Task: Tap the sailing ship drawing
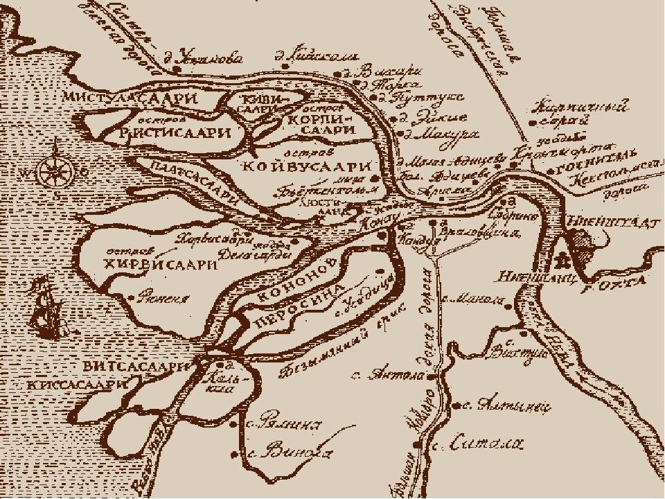tap(45, 308)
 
